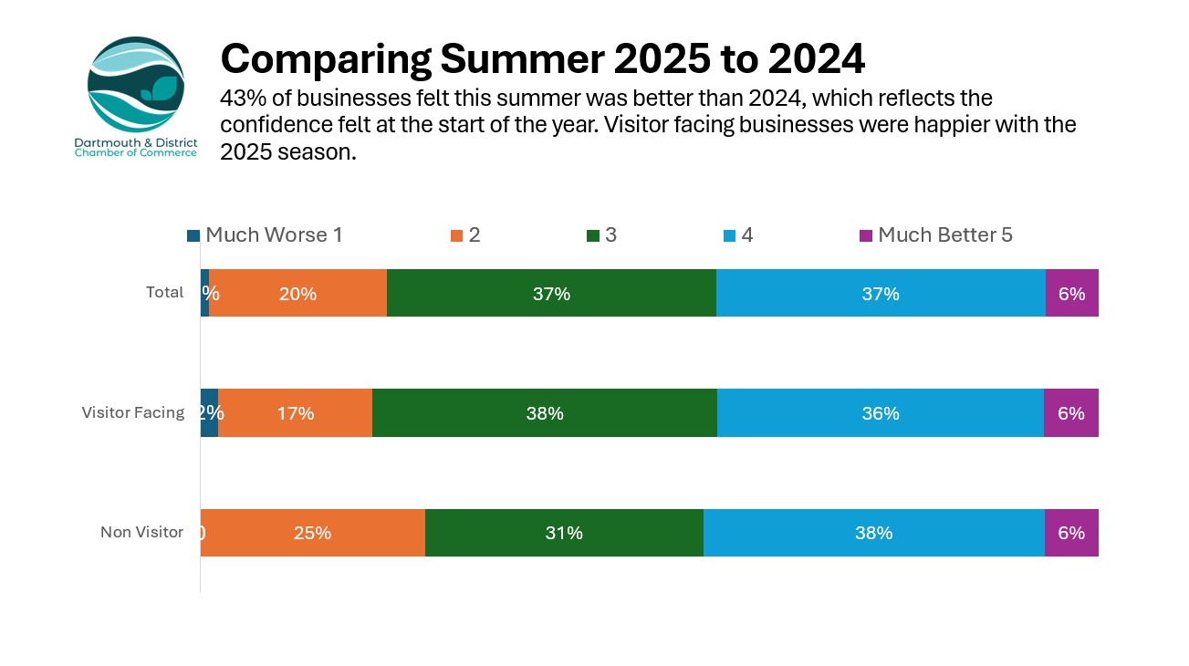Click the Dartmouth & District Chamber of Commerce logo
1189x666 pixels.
pyautogui.click(x=136, y=95)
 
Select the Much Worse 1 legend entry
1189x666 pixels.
pyautogui.click(x=265, y=235)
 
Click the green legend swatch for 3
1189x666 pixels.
pyautogui.click(x=593, y=236)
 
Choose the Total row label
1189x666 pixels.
pyautogui.click(x=165, y=293)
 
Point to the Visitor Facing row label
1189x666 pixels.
pyautogui.click(x=133, y=412)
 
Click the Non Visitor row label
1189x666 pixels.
pyautogui.click(x=142, y=532)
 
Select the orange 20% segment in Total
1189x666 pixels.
pyautogui.click(x=298, y=293)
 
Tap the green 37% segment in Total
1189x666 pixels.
pyautogui.click(x=551, y=293)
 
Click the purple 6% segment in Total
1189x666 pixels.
pyautogui.click(x=1071, y=293)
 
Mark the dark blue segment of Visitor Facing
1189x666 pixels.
pyautogui.click(x=209, y=412)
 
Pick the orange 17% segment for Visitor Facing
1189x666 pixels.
pyautogui.click(x=296, y=412)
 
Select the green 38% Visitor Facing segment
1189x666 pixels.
pyautogui.click(x=545, y=412)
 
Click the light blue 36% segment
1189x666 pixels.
pyautogui.click(x=880, y=412)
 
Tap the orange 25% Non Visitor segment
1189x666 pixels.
pyautogui.click(x=312, y=533)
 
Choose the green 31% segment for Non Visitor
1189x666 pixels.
pyautogui.click(x=564, y=533)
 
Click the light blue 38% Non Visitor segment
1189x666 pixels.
pyautogui.click(x=873, y=533)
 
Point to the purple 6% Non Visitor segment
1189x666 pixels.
pyautogui.click(x=1071, y=533)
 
